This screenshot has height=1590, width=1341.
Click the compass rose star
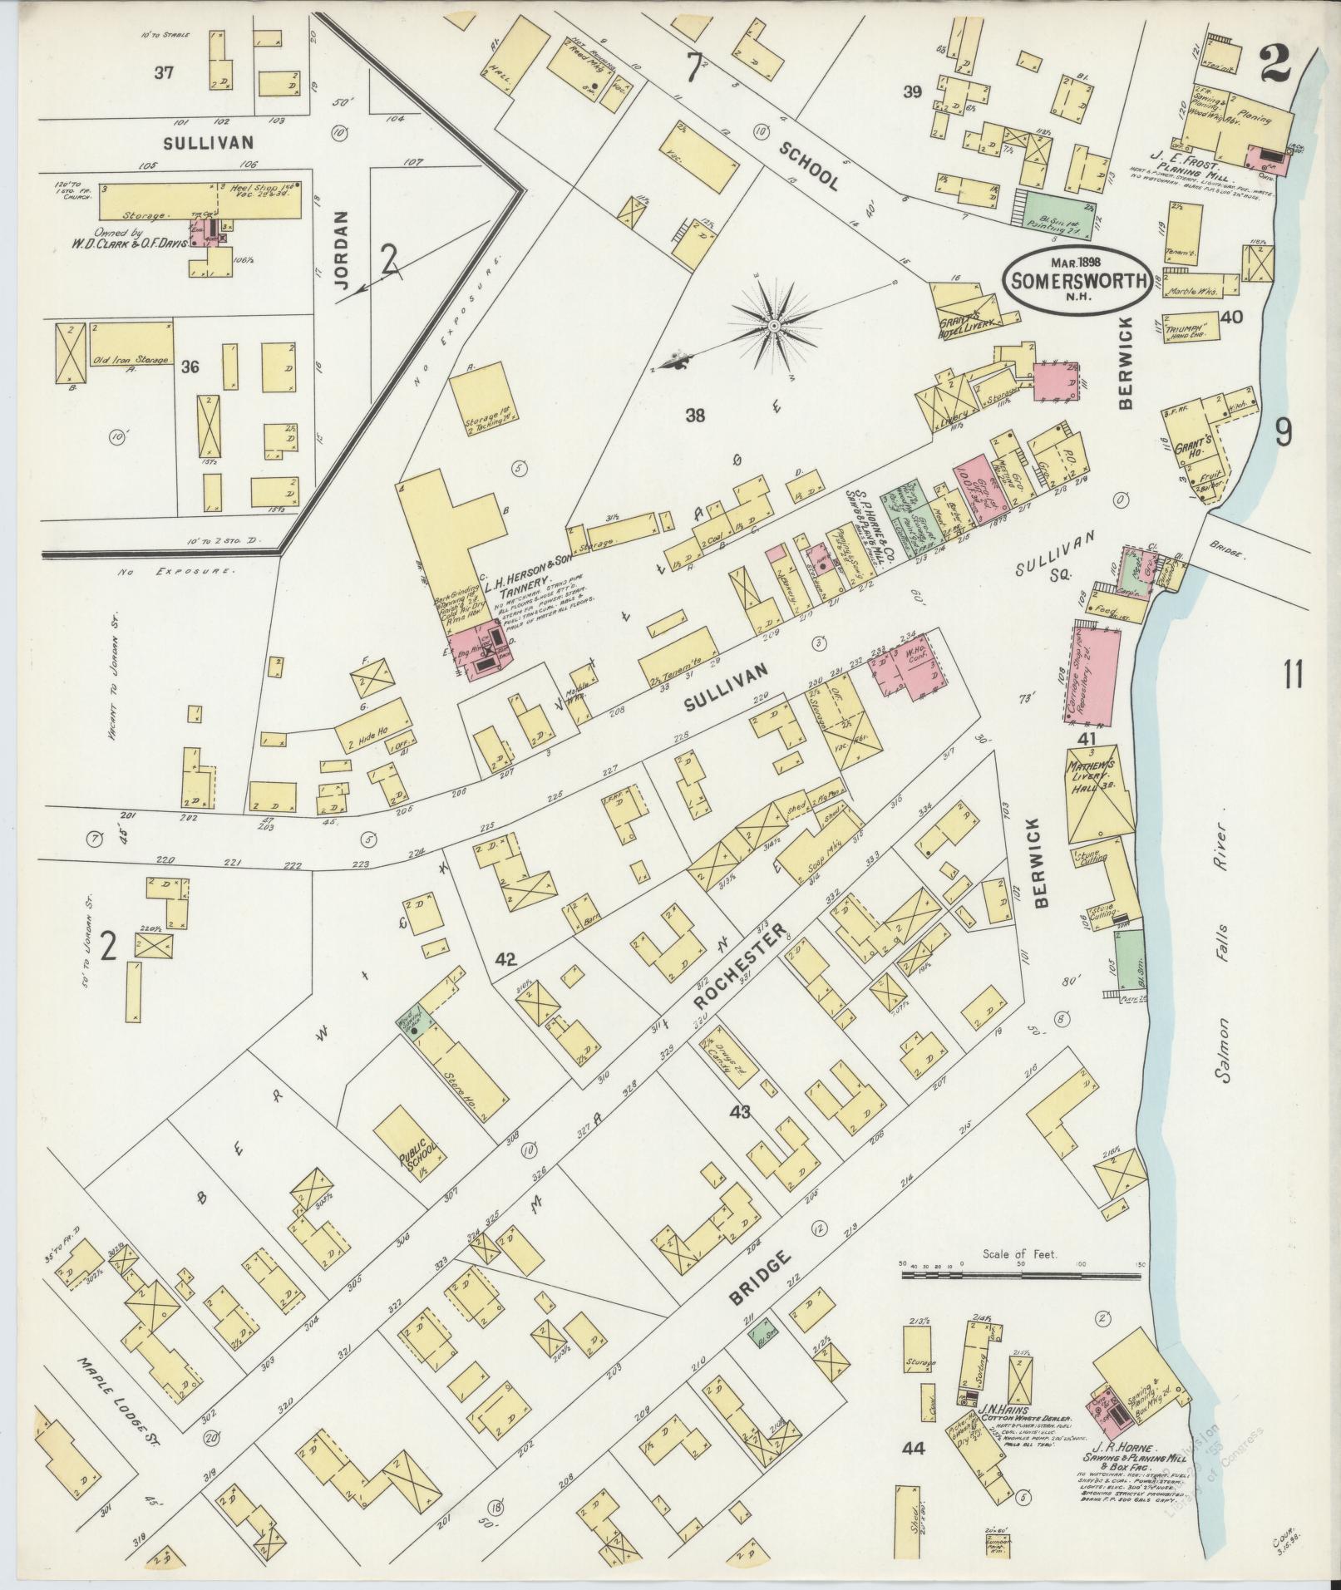(x=773, y=324)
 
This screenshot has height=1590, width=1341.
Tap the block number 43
(x=738, y=1112)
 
